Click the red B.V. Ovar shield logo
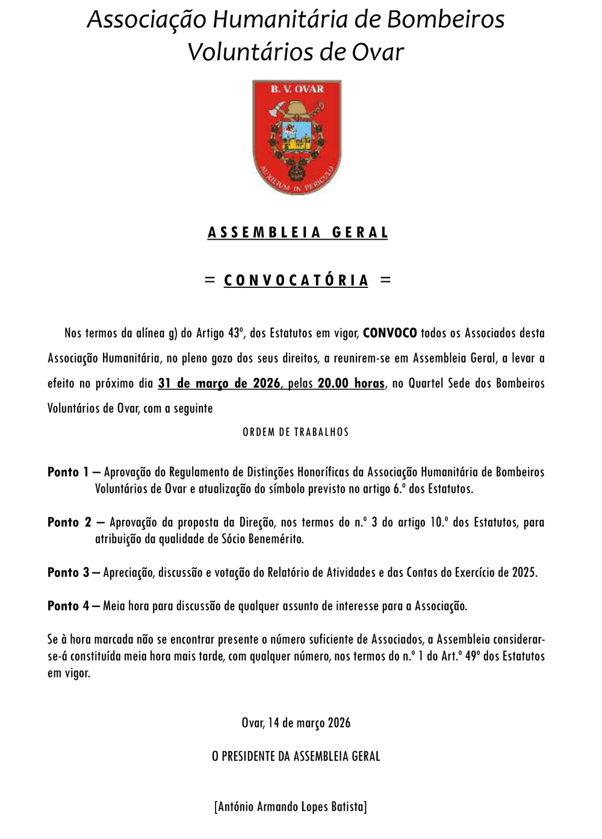297,137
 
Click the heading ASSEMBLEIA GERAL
298,232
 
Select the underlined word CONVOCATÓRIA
296,280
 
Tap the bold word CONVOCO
390,333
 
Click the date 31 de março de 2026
219,383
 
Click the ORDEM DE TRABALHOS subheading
296,432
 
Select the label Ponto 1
68,472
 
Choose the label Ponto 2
68,522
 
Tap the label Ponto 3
68,572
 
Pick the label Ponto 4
68,606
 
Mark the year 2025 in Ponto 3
524,572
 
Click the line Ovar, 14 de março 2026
296,723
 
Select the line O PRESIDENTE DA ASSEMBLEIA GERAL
296,756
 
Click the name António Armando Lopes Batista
290,806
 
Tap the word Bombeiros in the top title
445,20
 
